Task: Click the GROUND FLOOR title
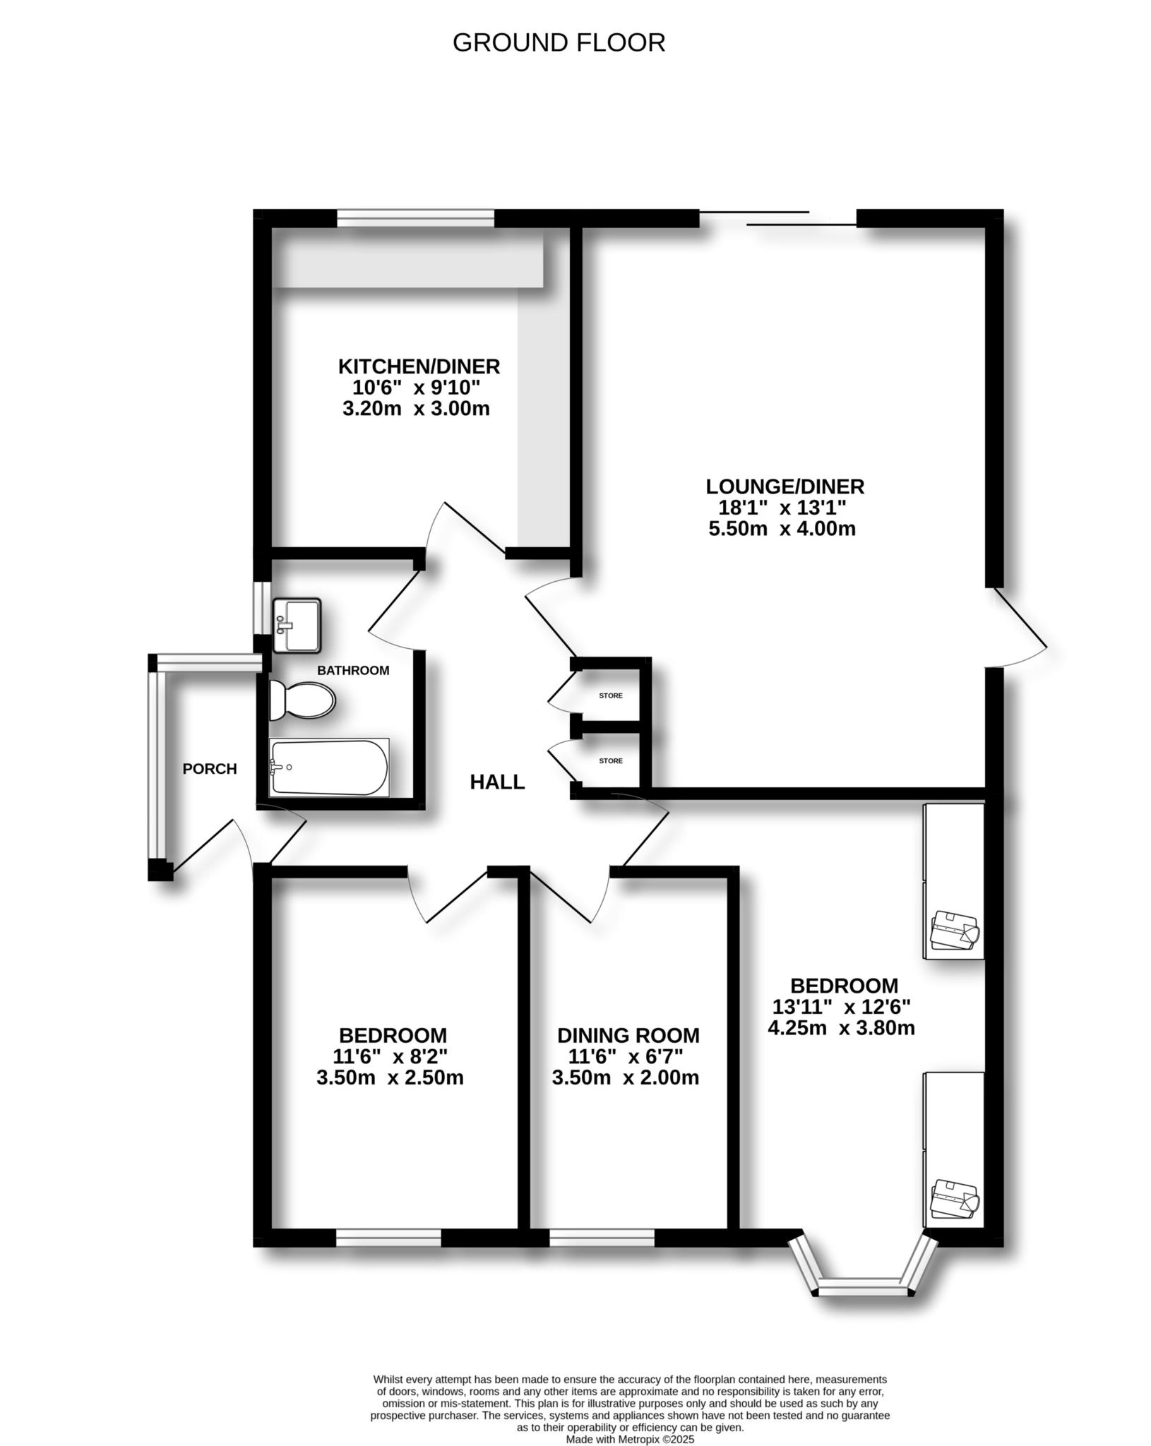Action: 559,43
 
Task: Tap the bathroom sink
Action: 297,626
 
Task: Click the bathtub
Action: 329,767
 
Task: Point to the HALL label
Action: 497,782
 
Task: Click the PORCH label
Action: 210,769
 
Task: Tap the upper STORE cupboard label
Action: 611,695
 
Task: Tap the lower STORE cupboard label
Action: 611,760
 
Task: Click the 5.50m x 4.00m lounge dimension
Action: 782,528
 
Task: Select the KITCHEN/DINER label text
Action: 419,366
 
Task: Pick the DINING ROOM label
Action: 628,1035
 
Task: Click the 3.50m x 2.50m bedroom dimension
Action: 390,1077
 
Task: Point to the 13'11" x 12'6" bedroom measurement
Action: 841,1005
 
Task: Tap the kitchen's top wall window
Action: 415,219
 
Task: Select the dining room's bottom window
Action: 602,1237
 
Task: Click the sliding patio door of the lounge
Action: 777,218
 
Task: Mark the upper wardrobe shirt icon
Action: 954,930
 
